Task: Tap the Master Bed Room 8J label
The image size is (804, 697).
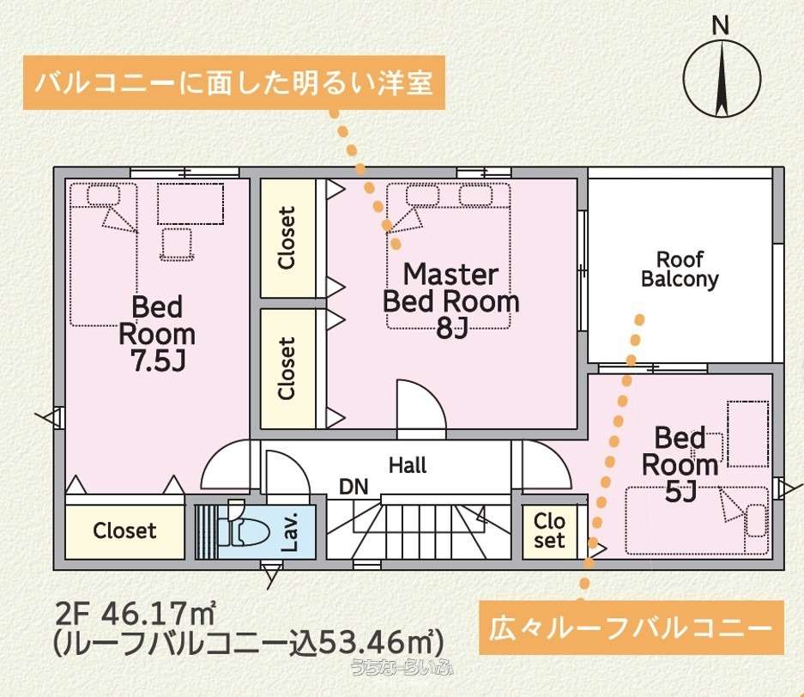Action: tap(450, 301)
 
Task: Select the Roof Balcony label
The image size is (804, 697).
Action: tap(680, 269)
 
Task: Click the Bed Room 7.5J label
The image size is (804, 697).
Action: tap(157, 333)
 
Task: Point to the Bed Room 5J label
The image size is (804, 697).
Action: tap(680, 464)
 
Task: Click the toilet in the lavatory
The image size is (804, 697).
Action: tap(243, 530)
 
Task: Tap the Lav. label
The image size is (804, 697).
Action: tap(290, 531)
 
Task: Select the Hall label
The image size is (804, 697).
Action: tap(408, 465)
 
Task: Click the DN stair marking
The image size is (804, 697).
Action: tap(354, 487)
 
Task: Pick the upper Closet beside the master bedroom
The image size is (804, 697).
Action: tap(287, 238)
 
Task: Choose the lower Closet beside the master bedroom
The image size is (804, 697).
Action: tap(287, 368)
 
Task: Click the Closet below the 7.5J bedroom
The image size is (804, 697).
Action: tap(124, 530)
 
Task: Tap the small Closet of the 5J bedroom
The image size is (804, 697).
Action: tap(549, 530)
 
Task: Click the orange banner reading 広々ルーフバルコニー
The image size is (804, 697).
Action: tap(632, 627)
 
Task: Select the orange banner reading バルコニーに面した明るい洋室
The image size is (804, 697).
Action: tap(233, 82)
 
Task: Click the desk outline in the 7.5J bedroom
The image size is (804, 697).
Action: tap(190, 203)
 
